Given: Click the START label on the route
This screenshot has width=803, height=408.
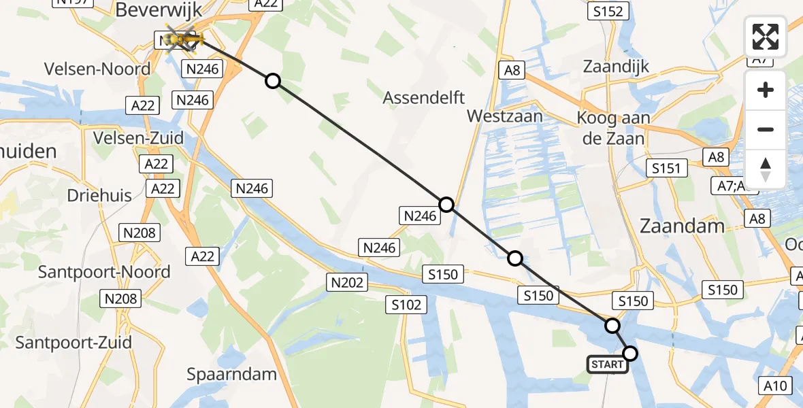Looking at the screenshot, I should pos(607,364).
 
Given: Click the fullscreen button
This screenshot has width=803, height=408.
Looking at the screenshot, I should pos(766,37).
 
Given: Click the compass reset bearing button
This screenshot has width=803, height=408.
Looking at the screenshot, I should pos(766,169).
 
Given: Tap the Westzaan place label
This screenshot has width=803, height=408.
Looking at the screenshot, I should pos(505,116).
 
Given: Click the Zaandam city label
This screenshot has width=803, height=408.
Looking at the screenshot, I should pos(681,226).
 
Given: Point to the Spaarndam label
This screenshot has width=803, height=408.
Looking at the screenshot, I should pos(232,373).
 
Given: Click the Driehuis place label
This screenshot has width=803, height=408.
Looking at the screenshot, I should pos(99,195).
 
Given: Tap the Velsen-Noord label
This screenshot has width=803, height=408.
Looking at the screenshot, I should pos(97,69).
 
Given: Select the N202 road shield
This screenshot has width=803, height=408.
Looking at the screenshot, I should pos(348,282).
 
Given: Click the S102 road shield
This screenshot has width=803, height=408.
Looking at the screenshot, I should pos(407,304).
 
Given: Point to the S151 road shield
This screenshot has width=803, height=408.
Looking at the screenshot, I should pos(666,168).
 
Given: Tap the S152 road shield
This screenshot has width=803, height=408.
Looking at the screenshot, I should pos(608,11).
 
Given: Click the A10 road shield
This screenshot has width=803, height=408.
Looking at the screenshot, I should pos(775,386).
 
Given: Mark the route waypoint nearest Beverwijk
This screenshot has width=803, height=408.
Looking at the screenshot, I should pos(272,82).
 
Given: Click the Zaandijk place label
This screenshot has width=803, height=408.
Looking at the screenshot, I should pos(617,67).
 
